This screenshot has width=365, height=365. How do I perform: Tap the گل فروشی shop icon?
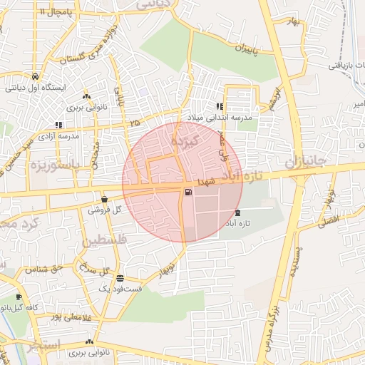pos(105,200)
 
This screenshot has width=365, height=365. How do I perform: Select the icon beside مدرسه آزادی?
pos(58,125)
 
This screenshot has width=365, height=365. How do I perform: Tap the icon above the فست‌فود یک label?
pos(120,279)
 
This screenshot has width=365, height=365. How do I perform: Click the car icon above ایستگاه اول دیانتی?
pos(35,76)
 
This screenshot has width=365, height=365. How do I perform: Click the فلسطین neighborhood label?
pos(105,242)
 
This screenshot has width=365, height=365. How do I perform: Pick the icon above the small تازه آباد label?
pos(237,213)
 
